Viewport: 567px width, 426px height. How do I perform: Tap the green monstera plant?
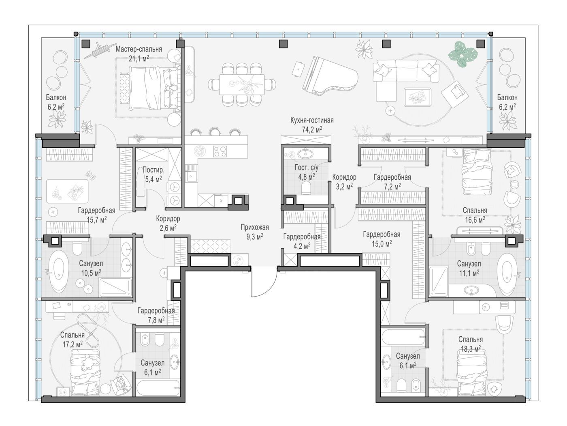[x=463, y=54]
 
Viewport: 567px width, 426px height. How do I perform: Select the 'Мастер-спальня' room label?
[x=139, y=49]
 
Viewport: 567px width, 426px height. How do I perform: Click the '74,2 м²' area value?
[x=312, y=129]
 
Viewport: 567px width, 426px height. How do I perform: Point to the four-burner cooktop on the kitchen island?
[x=220, y=151]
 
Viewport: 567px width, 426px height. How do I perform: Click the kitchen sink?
[x=192, y=177]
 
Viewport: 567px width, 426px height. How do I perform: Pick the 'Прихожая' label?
[x=255, y=227]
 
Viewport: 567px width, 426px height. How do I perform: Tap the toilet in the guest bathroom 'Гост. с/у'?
[x=306, y=188]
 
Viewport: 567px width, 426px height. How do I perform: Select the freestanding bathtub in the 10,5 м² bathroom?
[x=58, y=271]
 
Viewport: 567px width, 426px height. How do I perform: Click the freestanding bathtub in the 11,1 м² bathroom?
[x=507, y=275]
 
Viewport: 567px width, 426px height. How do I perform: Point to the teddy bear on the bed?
[x=87, y=363]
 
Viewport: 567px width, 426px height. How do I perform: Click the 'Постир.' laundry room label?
[x=153, y=170]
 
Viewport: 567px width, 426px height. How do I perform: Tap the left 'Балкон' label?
[x=56, y=97]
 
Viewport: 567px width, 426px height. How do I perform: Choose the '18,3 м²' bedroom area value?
[x=471, y=349]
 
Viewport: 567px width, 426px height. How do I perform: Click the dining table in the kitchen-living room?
[x=242, y=84]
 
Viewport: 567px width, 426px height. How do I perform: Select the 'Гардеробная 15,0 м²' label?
[x=382, y=239]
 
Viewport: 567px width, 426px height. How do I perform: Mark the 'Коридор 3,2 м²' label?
[x=344, y=182]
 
